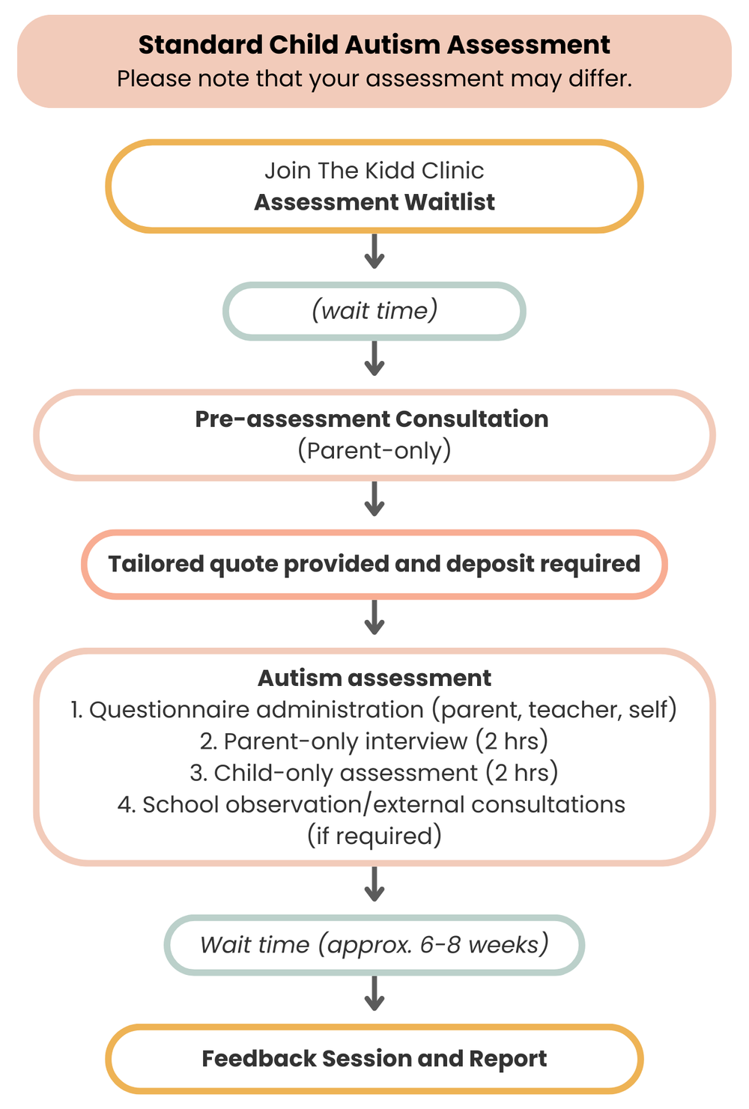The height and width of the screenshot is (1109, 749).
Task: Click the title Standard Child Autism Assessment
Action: [x=374, y=45]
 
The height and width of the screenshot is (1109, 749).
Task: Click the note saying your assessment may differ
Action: [x=374, y=79]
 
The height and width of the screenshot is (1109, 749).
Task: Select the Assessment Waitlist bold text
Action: [x=374, y=202]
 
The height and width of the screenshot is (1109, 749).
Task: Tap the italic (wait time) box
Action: [x=374, y=311]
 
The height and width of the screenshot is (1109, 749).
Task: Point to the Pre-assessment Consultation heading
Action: [x=372, y=419]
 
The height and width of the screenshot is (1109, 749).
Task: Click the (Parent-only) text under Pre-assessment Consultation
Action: [x=374, y=450]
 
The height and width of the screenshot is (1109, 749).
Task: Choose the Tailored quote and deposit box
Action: [x=374, y=564]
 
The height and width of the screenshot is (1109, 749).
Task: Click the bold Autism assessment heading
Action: [x=374, y=678]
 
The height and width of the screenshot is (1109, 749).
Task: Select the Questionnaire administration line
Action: [x=374, y=709]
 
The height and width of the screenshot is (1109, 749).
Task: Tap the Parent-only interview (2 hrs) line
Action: [x=374, y=741]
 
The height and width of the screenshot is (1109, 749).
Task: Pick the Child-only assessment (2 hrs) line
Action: [x=374, y=772]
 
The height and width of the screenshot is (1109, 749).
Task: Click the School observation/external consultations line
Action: [x=372, y=804]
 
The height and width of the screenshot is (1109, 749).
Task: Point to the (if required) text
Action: [x=374, y=836]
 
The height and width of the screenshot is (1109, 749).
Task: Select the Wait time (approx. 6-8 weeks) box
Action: [x=374, y=944]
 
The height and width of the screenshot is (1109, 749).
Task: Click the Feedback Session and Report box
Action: [x=374, y=1059]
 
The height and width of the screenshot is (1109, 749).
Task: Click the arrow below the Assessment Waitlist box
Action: [x=374, y=252]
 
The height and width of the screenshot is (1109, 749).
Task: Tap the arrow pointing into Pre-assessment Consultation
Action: [x=374, y=359]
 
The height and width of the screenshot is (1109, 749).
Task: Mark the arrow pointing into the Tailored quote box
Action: [x=374, y=499]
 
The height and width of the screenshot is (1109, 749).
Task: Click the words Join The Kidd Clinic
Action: [x=374, y=171]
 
